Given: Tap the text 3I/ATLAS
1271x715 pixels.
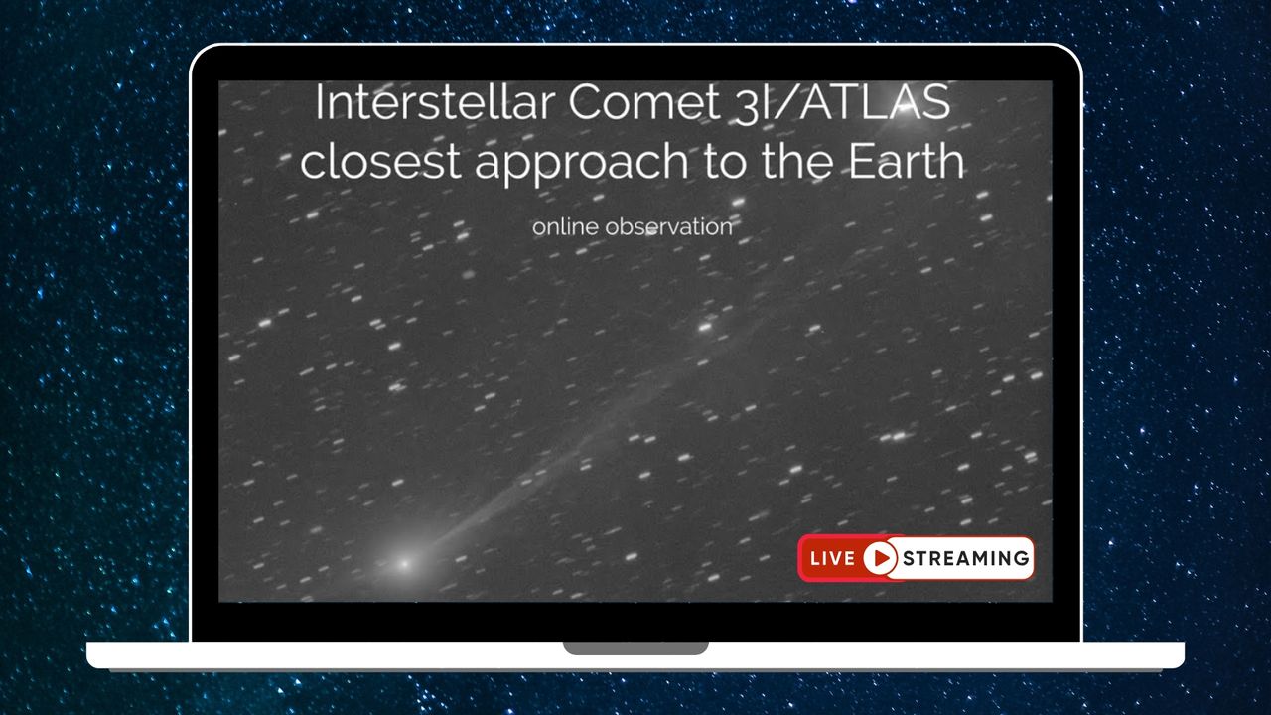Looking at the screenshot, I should click(844, 104).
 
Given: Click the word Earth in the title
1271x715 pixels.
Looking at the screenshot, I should click(909, 161).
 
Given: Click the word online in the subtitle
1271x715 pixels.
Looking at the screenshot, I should click(565, 226).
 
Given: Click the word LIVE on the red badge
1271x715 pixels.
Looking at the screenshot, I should click(831, 558).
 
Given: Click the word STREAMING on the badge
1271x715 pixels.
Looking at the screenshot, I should click(965, 558).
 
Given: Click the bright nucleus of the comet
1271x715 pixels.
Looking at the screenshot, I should click(403, 564).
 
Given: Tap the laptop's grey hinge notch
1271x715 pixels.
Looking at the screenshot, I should click(635, 648).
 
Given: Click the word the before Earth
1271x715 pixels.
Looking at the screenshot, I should click(805, 161).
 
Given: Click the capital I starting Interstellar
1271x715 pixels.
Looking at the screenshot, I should click(320, 104).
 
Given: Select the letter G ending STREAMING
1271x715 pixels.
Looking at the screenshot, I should click(1020, 558).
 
